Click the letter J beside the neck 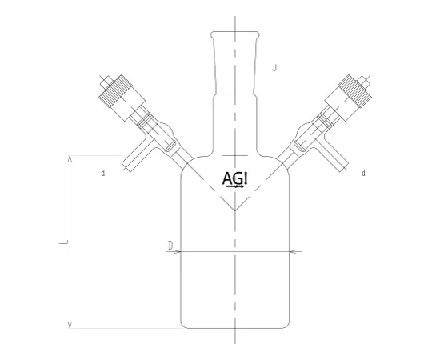[274, 69]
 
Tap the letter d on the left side [103, 174]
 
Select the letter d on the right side [364, 174]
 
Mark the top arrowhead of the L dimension [71, 159]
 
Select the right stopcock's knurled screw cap [354, 91]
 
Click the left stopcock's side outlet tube [133, 160]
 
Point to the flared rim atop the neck [234, 35]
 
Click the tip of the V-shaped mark [234, 211]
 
